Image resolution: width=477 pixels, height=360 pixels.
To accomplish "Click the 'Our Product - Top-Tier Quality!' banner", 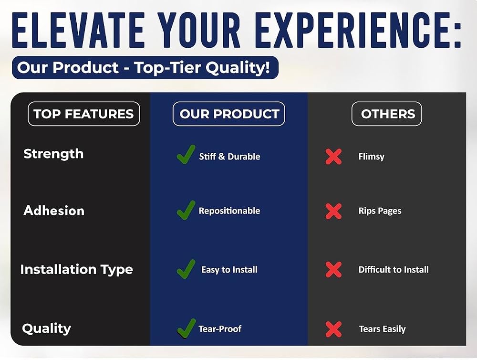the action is [145, 67].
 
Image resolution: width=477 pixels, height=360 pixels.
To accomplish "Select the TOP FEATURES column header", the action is [83, 114].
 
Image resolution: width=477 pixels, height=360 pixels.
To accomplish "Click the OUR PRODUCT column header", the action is [229, 114].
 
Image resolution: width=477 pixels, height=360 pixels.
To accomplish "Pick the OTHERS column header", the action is [387, 114].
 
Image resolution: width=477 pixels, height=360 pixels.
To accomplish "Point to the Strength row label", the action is [53, 154].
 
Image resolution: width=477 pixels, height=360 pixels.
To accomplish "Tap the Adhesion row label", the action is [54, 211].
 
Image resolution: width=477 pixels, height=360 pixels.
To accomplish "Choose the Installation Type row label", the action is [77, 270].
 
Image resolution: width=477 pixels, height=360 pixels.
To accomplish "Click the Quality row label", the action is [47, 328].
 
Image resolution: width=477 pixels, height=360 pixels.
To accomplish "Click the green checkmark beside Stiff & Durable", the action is [186, 154].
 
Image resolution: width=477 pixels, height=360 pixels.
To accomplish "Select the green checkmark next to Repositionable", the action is [186, 210].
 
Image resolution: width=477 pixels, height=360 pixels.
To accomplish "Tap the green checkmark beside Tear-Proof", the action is [186, 328].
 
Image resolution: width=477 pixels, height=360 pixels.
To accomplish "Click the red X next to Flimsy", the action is [333, 157].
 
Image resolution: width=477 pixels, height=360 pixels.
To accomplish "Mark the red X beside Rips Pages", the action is [333, 212].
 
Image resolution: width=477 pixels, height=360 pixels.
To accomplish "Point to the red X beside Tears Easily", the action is [333, 329].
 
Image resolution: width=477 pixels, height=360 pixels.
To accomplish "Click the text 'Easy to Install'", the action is [229, 270].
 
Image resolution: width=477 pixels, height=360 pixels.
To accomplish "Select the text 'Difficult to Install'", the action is [394, 270].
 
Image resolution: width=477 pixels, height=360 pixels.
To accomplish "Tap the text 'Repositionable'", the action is [229, 211].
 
